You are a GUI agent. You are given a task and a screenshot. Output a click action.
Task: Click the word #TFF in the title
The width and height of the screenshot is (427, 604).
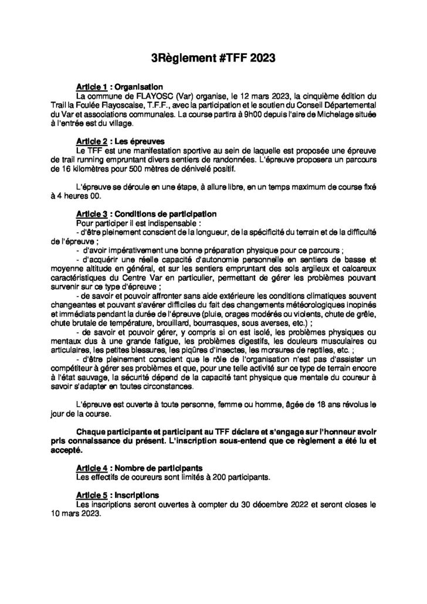(220, 59)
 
